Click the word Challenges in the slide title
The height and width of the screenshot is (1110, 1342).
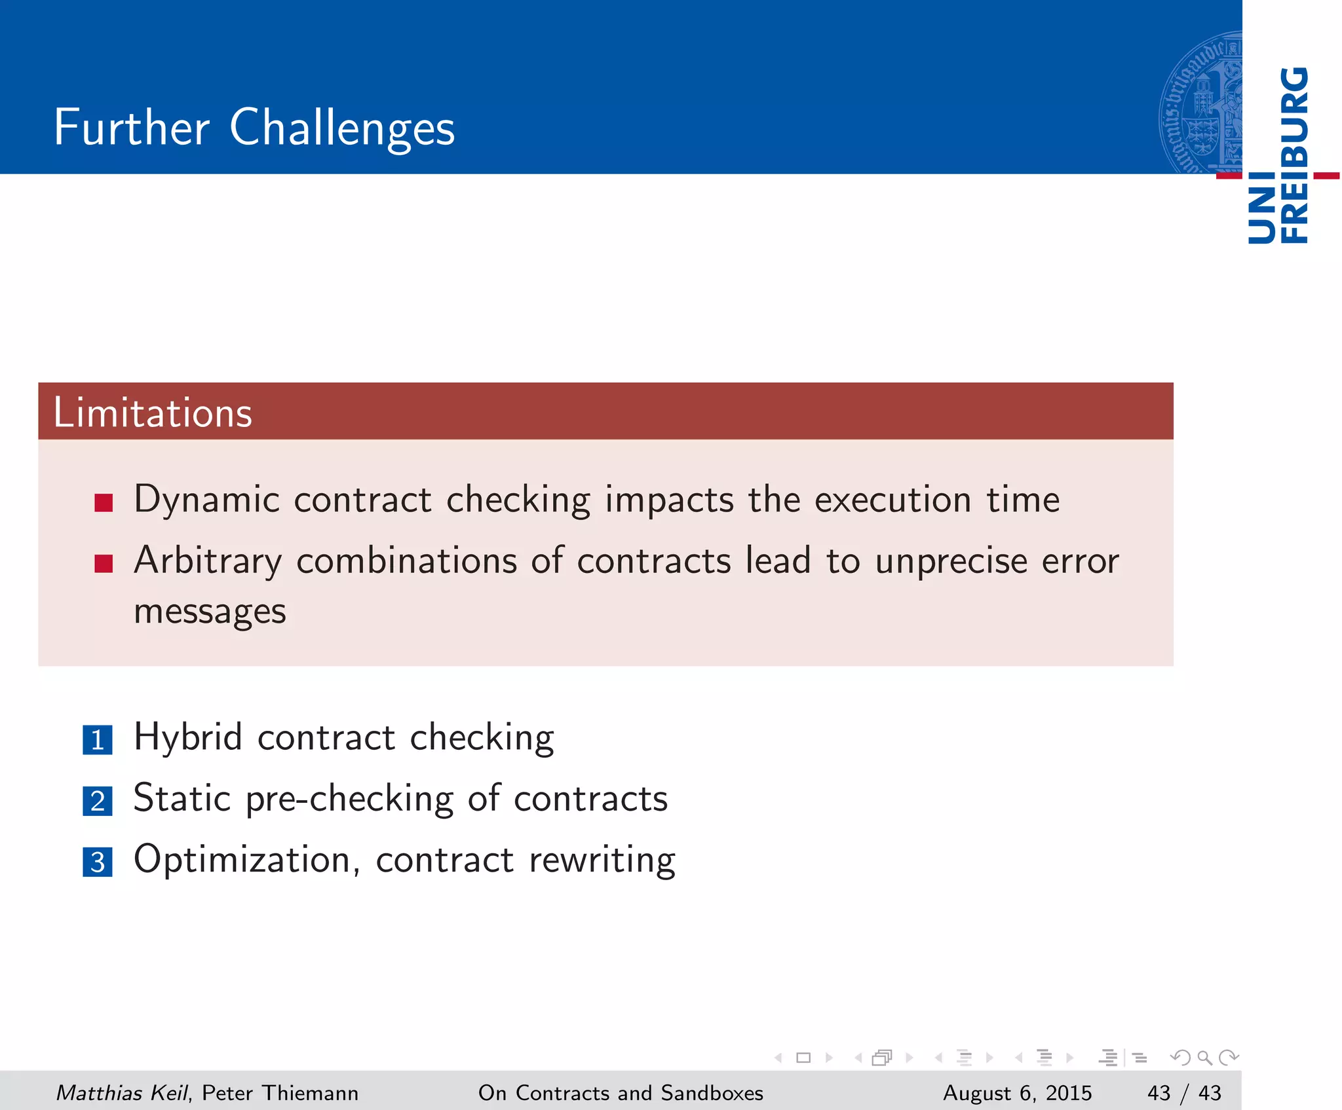341,128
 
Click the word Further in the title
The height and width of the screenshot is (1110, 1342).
131,127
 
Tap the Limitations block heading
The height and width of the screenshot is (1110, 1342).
152,413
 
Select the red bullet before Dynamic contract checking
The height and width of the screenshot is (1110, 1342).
104,502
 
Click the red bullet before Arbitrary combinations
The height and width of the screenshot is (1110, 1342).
104,563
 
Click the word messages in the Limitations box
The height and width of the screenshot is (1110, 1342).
210,612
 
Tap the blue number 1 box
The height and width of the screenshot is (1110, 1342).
98,740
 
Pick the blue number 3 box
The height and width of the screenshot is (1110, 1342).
98,862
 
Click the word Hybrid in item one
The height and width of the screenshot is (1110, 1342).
188,737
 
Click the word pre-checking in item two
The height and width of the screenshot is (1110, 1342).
349,799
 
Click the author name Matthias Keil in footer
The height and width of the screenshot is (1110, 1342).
122,1093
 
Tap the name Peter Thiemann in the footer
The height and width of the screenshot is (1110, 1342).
280,1093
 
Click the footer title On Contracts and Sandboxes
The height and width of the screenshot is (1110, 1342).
621,1093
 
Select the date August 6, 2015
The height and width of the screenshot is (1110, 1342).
1017,1093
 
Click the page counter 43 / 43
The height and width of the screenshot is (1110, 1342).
1184,1093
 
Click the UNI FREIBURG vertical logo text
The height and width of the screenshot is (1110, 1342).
1278,156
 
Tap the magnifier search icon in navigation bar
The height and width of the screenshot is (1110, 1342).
1204,1058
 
